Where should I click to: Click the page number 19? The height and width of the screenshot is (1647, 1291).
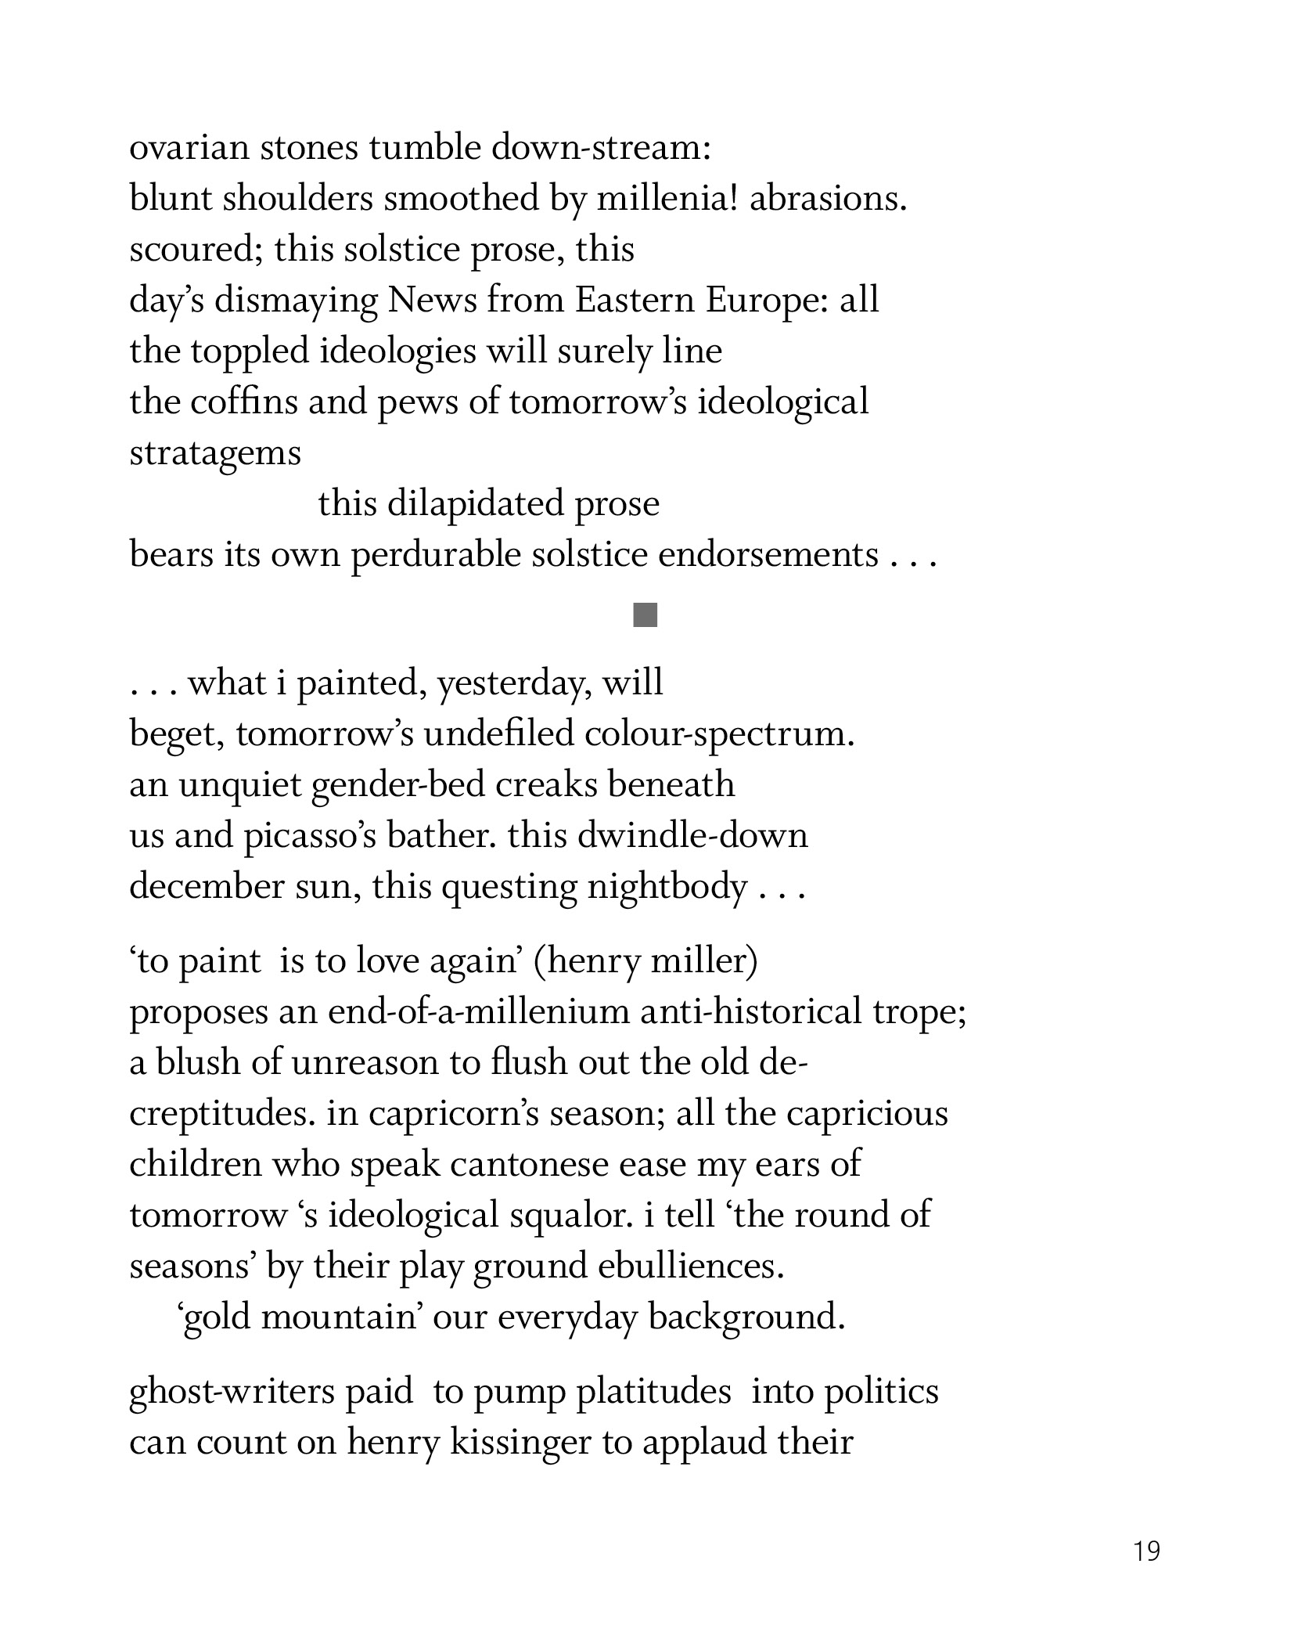click(x=1146, y=1551)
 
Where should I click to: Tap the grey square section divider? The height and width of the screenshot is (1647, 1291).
click(x=645, y=615)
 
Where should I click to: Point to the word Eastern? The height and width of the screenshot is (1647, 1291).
click(x=634, y=301)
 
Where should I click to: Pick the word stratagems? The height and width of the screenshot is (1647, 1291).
click(x=214, y=454)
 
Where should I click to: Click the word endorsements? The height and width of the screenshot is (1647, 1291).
click(x=768, y=555)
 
